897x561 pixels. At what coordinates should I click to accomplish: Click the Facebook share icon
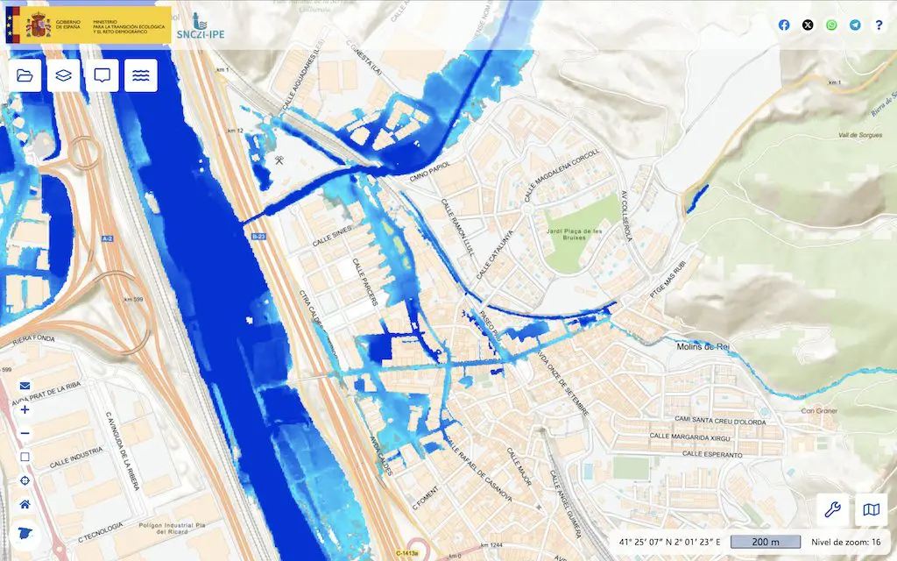[x=784, y=25]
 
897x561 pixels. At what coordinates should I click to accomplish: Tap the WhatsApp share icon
[x=831, y=25]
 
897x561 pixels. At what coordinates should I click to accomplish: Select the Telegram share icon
[x=855, y=25]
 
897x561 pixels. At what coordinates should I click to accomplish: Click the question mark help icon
[x=879, y=25]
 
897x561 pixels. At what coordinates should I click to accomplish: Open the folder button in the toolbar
[x=25, y=75]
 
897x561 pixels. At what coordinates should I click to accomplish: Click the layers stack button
[x=64, y=75]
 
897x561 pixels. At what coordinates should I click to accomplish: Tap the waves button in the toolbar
[x=141, y=75]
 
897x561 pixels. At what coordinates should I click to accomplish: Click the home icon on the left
[x=25, y=505]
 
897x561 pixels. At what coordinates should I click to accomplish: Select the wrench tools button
[x=833, y=509]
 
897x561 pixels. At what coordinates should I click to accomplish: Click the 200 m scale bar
[x=766, y=543]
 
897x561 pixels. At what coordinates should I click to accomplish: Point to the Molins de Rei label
[x=704, y=347]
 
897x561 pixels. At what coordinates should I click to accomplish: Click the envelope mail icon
[x=25, y=386]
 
